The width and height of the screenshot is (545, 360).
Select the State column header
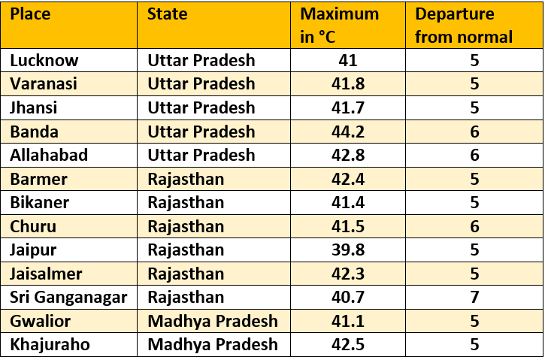click(167, 14)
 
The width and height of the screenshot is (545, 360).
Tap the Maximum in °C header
click(340, 25)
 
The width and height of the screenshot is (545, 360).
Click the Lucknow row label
click(44, 60)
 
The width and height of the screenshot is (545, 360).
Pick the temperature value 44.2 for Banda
click(347, 132)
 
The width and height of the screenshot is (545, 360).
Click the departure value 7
click(474, 298)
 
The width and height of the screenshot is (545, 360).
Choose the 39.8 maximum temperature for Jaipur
click(347, 250)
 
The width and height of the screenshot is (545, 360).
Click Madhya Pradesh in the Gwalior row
click(213, 322)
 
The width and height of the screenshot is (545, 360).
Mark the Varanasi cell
click(44, 84)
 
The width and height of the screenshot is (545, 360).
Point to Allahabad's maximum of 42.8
click(347, 156)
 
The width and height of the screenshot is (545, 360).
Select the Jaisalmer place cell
click(46, 274)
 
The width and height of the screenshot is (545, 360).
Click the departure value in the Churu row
click(474, 226)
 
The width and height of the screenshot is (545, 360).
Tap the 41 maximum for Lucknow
click(347, 60)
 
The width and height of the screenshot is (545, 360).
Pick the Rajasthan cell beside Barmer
click(186, 179)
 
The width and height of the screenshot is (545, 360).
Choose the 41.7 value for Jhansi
click(347, 107)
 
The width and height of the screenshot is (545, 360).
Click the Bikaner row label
click(39, 203)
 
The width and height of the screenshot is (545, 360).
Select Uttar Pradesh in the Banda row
click(201, 132)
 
